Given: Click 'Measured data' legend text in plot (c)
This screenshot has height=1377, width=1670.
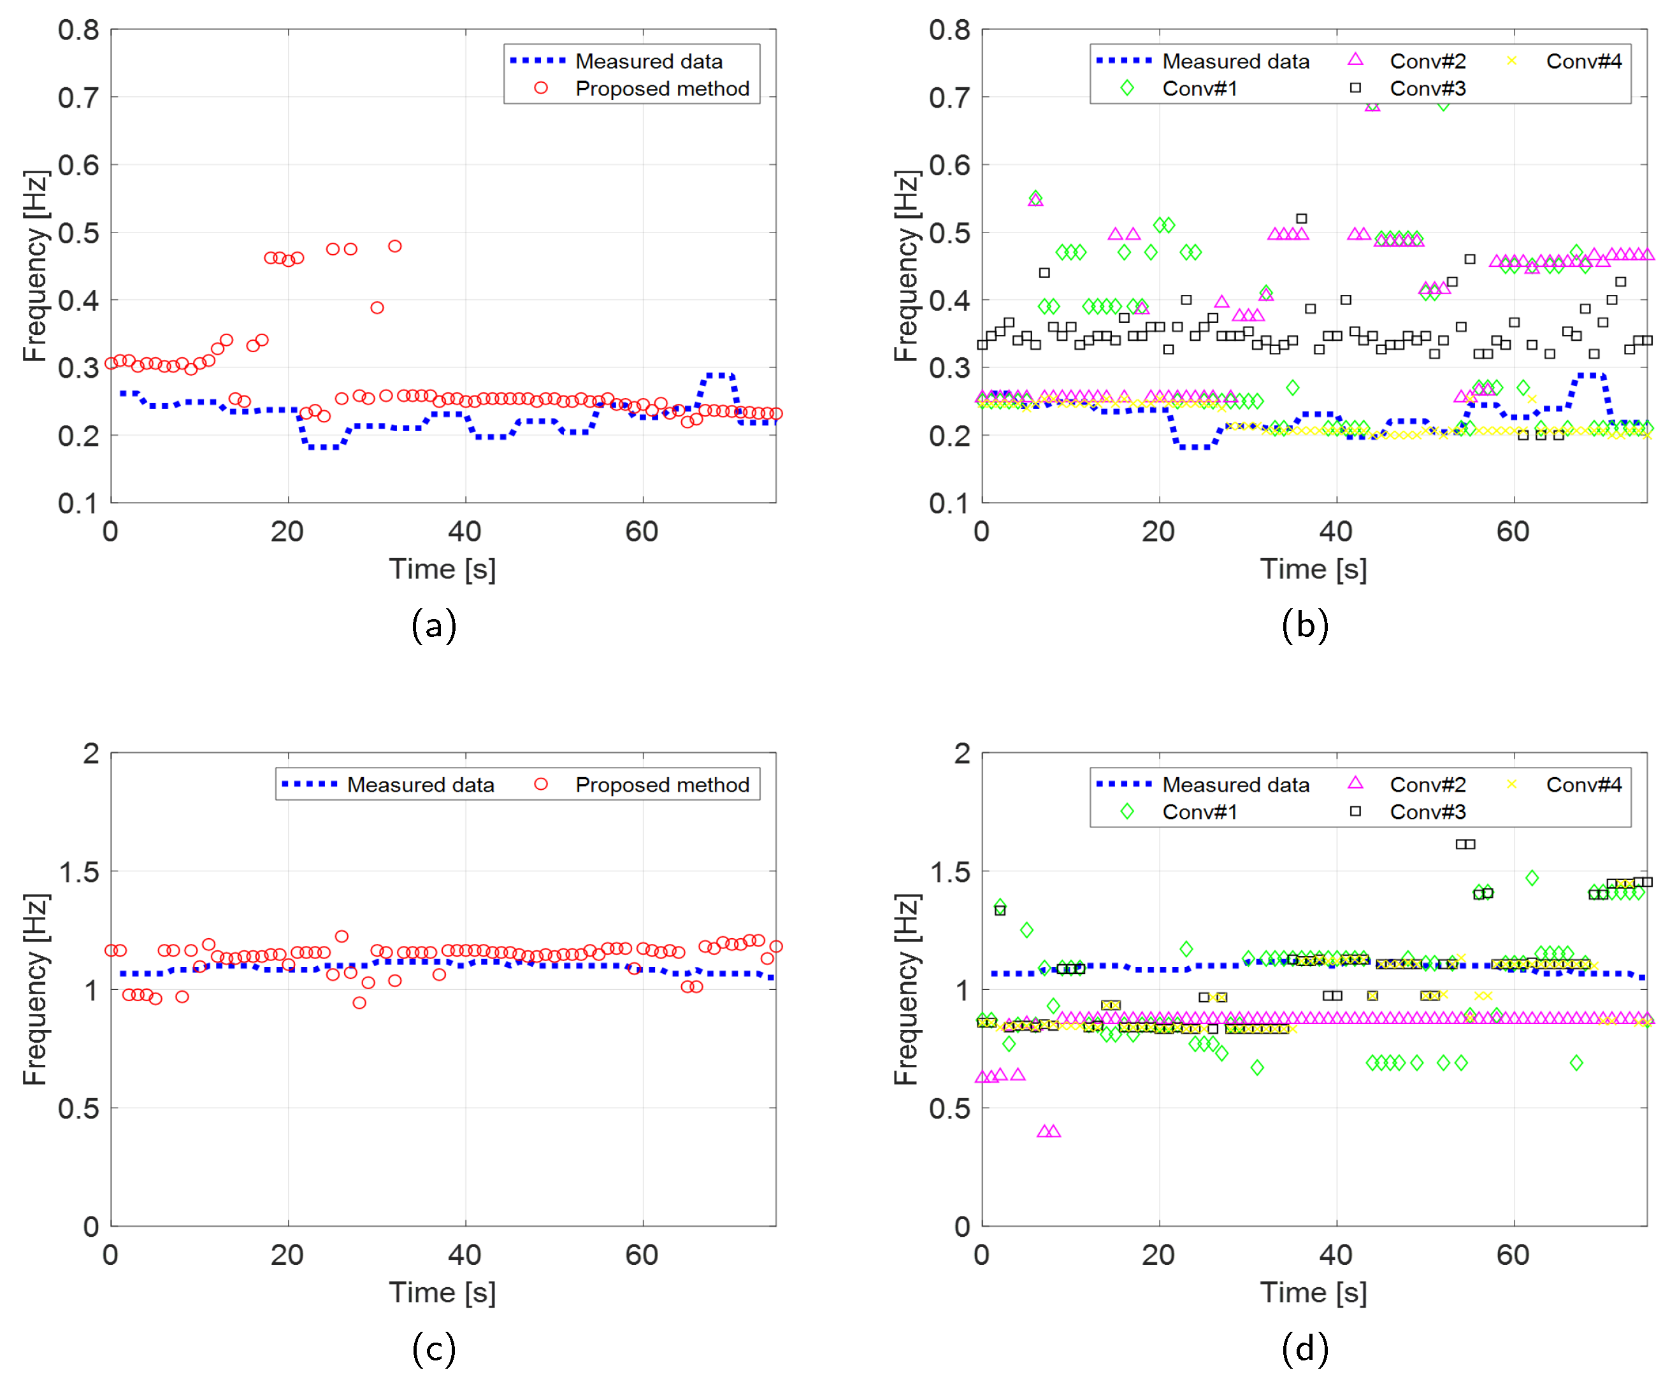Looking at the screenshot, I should click(x=421, y=785).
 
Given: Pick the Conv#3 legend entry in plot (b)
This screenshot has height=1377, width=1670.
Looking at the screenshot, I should click(x=1427, y=89).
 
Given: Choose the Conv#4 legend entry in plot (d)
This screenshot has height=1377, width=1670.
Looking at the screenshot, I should click(x=1583, y=785).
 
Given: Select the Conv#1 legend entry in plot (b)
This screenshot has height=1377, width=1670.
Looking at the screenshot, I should click(x=1199, y=89).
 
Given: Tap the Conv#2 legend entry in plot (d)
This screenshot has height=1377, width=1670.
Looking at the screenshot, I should click(x=1427, y=785).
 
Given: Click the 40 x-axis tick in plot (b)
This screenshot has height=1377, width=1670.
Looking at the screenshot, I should click(x=1335, y=531).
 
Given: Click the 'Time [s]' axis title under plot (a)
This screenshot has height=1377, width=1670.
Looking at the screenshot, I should click(x=442, y=569).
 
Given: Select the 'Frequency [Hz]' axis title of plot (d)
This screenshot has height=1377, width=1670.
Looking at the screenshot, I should click(x=905, y=989).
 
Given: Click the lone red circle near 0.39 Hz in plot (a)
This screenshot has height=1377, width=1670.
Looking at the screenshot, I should click(x=377, y=308).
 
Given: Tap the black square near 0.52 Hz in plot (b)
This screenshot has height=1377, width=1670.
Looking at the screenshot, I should click(x=1301, y=218).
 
